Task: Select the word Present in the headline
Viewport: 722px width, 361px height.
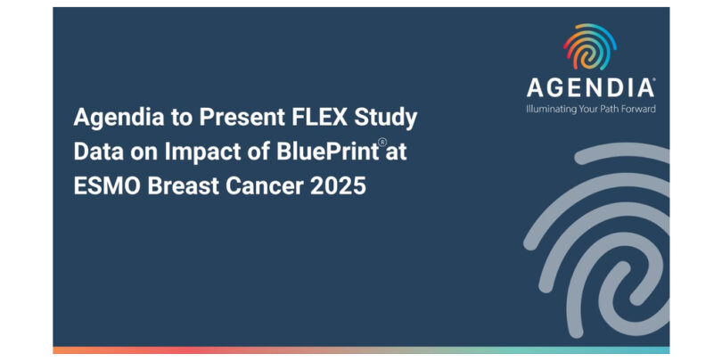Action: point(242,118)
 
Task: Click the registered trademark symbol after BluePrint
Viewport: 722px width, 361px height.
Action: point(382,143)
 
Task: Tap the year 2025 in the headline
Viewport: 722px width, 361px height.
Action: point(339,187)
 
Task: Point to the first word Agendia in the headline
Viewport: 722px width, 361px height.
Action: point(119,119)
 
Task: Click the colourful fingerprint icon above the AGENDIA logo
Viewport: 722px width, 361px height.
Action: point(590,46)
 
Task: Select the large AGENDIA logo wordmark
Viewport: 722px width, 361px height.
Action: point(591,87)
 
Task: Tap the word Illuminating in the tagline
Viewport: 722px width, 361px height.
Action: point(551,110)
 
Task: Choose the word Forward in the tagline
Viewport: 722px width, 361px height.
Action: point(640,109)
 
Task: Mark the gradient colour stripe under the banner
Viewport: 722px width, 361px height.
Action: point(362,350)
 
